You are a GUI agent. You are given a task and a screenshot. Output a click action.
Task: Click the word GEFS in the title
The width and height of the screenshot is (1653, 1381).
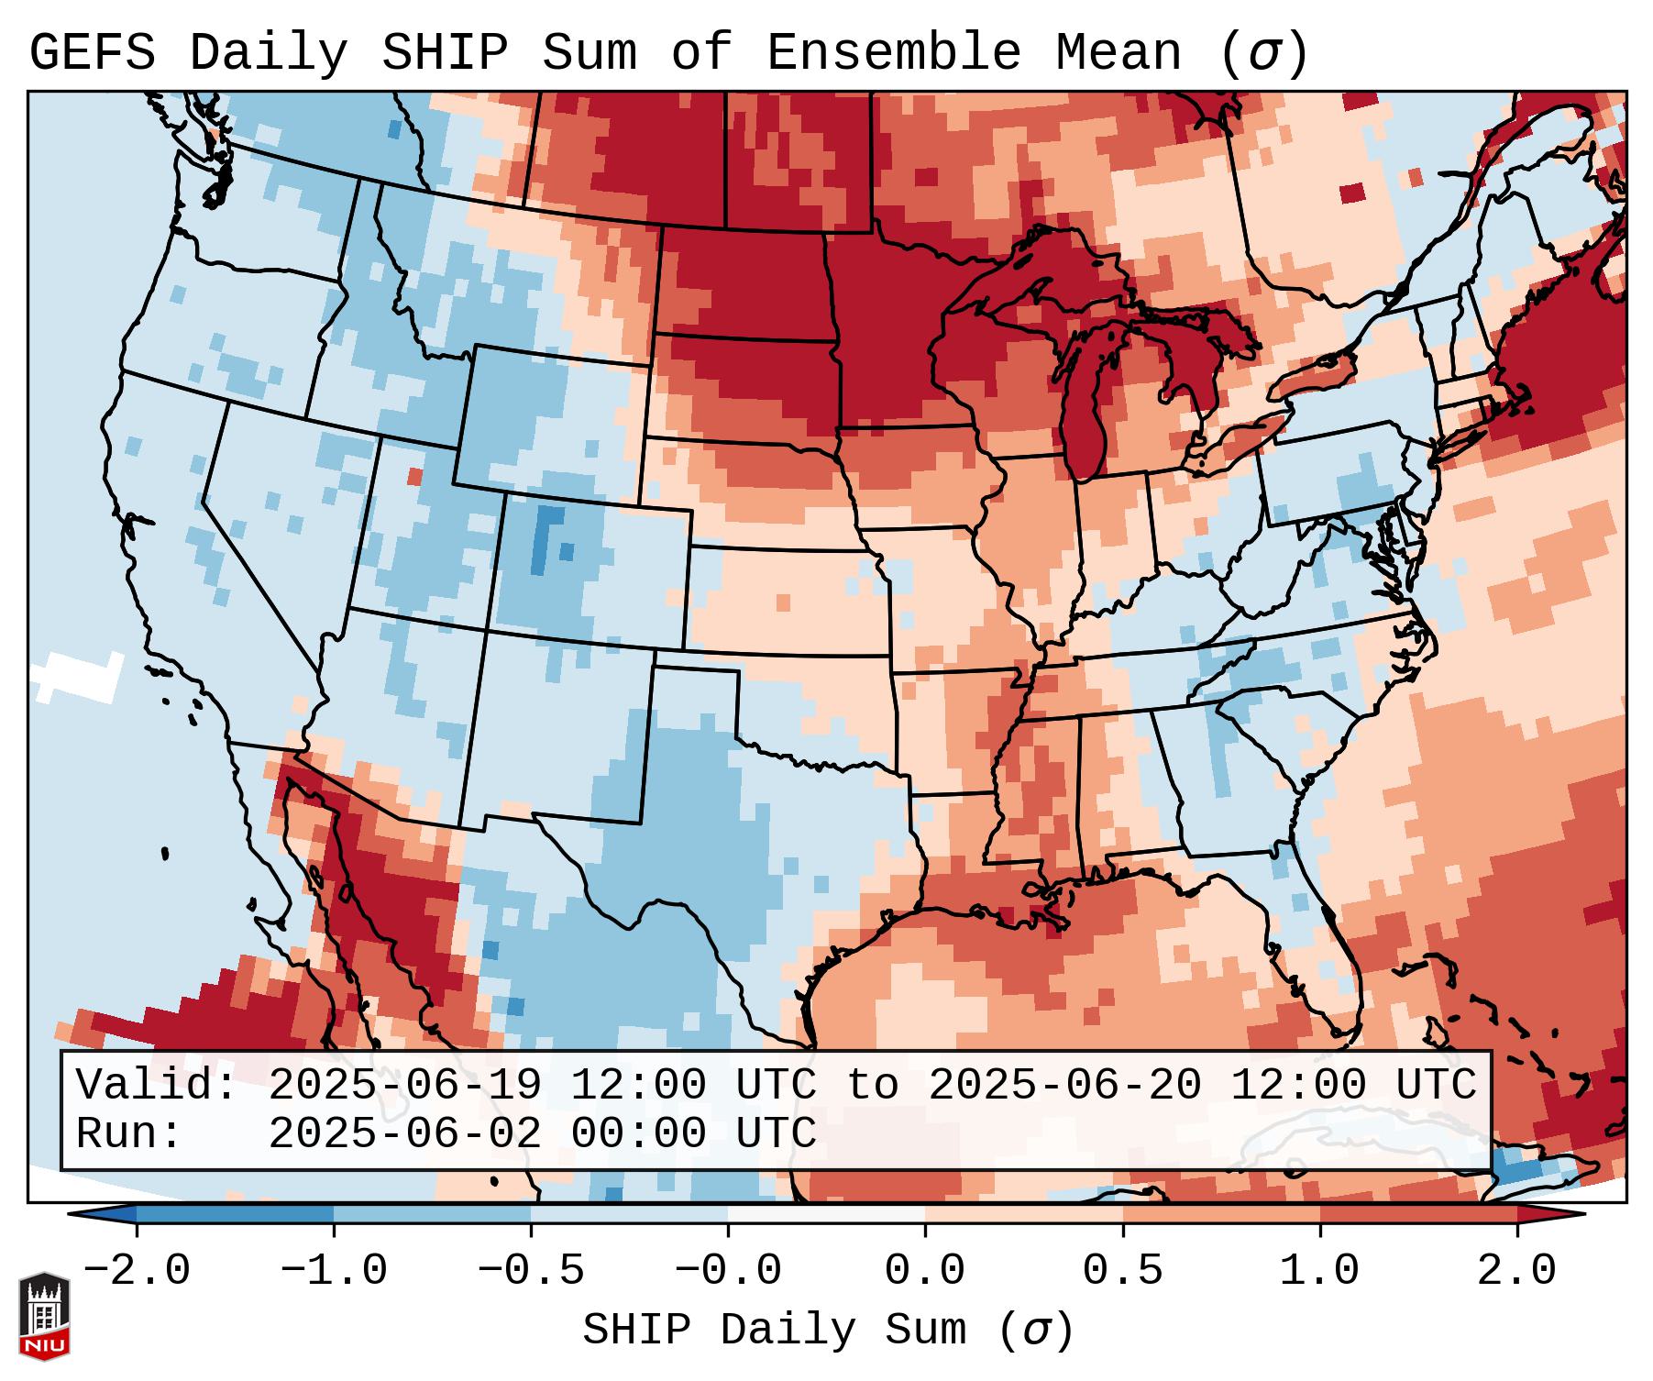click(92, 53)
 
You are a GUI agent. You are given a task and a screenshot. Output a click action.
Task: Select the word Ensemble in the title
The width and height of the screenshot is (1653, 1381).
click(893, 53)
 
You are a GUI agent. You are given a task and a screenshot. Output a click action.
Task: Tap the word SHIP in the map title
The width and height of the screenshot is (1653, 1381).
click(444, 53)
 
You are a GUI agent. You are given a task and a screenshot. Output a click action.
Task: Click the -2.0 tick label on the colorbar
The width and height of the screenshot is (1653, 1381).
click(137, 1270)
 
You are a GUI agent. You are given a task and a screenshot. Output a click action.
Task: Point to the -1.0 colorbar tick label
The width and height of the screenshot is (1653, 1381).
click(334, 1270)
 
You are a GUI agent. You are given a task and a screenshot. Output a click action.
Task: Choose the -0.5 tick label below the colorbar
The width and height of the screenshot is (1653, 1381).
click(531, 1270)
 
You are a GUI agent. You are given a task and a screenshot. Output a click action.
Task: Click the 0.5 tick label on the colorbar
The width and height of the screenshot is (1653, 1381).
click(1122, 1270)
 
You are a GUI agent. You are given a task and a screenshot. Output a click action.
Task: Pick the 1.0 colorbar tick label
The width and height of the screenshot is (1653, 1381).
click(1319, 1270)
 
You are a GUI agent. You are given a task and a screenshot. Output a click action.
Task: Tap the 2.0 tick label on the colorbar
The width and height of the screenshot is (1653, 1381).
click(1516, 1270)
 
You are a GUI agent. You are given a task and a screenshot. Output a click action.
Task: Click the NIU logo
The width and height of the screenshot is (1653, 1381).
click(44, 1317)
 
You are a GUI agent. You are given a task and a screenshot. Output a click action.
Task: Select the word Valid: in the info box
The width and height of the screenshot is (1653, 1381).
click(157, 1085)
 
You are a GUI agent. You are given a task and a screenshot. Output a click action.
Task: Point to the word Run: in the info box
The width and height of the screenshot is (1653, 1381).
click(129, 1133)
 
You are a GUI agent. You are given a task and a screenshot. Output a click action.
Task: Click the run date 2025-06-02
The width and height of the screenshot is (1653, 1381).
click(404, 1133)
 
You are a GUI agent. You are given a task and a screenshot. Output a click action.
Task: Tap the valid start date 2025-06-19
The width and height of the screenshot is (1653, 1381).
click(404, 1085)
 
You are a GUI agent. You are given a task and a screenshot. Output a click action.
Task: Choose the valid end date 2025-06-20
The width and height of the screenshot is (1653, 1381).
click(1064, 1085)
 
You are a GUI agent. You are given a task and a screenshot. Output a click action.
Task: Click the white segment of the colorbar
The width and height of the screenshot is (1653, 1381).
click(826, 1214)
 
